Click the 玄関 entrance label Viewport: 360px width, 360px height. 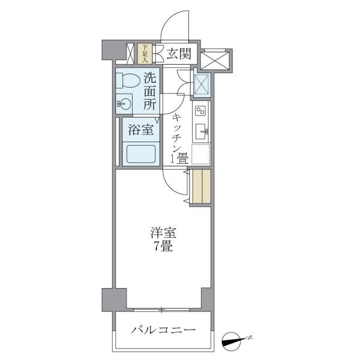click(178, 54)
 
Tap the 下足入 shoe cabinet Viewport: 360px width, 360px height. click(144, 53)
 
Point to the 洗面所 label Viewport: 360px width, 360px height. click(151, 90)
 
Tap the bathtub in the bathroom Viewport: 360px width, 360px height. click(139, 155)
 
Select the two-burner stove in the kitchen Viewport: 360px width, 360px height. click(200, 110)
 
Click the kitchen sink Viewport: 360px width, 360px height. click(201, 132)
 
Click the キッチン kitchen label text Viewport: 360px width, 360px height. click(177, 131)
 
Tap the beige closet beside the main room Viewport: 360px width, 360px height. click(202, 187)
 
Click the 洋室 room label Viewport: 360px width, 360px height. click(163, 233)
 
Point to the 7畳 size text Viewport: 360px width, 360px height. click(163, 246)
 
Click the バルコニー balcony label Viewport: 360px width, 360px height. click(163, 331)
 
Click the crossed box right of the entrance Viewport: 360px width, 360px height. click(216, 61)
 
